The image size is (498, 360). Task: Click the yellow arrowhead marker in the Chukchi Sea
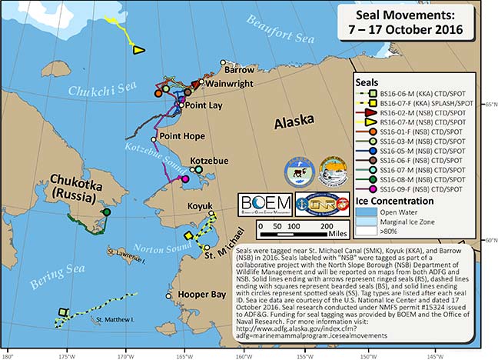click(x=138, y=50)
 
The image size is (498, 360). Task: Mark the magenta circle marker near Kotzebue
click(x=184, y=179)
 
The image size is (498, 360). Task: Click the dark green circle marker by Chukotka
click(x=106, y=212)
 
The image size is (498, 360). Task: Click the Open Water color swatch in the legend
click(x=367, y=209)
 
